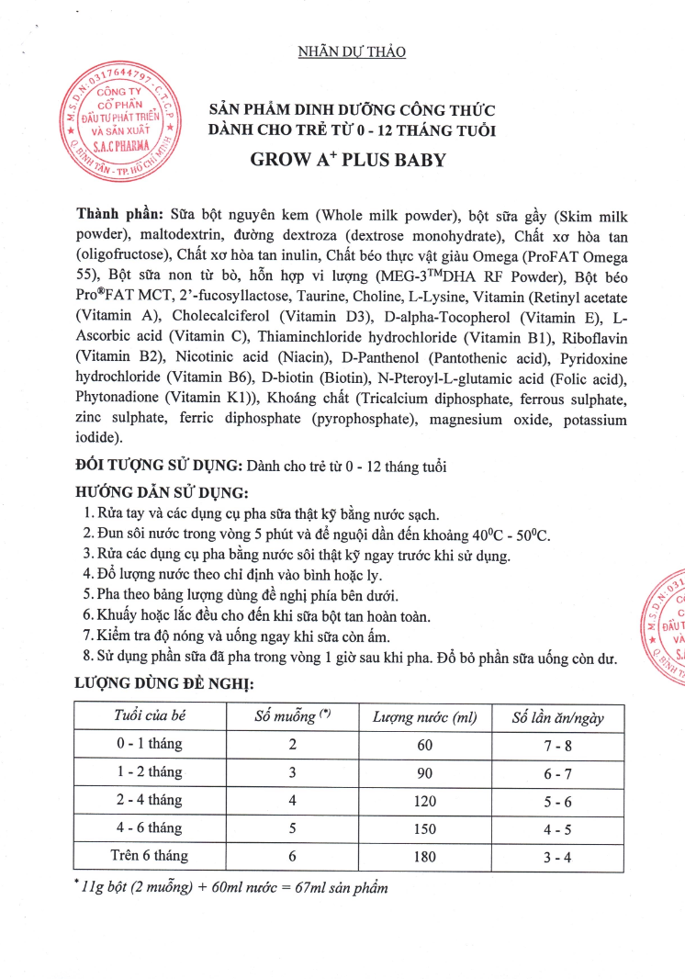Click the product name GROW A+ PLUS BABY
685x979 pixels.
(x=348, y=160)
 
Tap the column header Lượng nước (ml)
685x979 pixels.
(x=424, y=717)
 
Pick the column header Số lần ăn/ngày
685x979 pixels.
(x=558, y=717)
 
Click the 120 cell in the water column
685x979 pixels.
(x=424, y=801)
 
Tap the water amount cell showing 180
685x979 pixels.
(x=424, y=856)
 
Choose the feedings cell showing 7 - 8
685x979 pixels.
(x=558, y=745)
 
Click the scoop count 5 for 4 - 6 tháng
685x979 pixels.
(x=292, y=828)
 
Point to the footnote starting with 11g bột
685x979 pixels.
(x=232, y=888)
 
